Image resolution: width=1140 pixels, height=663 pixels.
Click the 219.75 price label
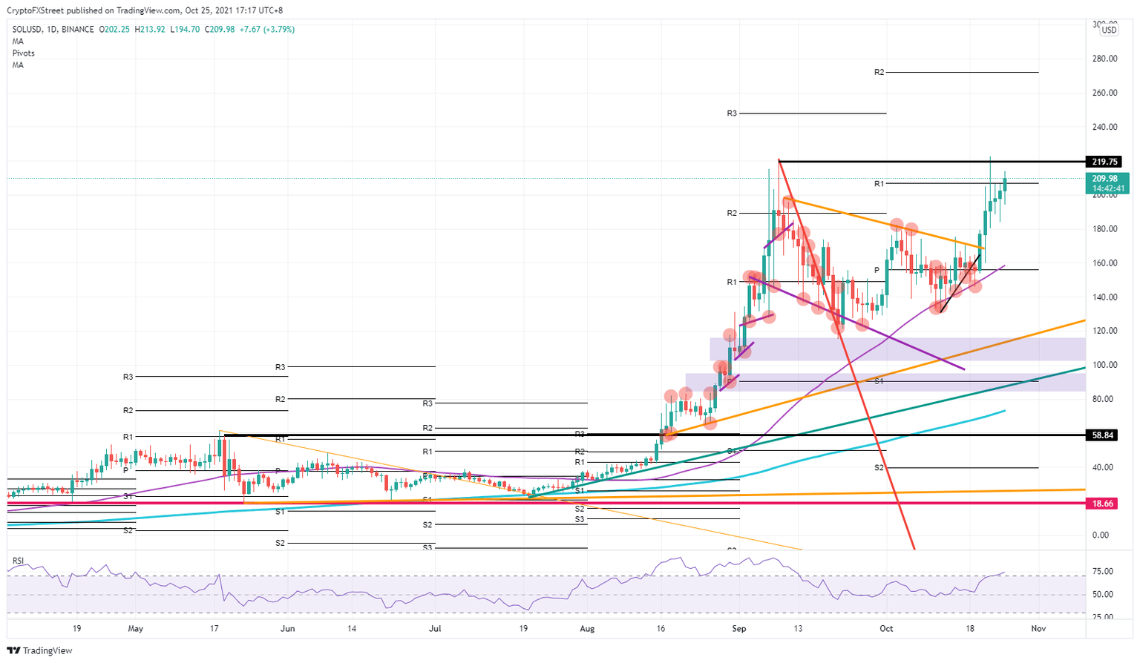pyautogui.click(x=1104, y=162)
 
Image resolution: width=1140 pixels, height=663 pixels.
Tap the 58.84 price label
pyautogui.click(x=1104, y=435)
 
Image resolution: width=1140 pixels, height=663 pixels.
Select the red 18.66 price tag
pyautogui.click(x=1104, y=504)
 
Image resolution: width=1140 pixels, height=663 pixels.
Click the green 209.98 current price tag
pyautogui.click(x=1105, y=179)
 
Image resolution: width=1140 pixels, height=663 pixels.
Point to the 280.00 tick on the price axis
pyautogui.click(x=1105, y=59)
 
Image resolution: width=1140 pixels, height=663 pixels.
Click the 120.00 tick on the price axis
pyautogui.click(x=1105, y=331)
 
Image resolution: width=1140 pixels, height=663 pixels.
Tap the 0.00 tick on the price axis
pyautogui.click(x=1101, y=535)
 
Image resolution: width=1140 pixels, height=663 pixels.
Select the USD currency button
pyautogui.click(x=1109, y=30)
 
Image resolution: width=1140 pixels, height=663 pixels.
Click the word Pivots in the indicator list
pyautogui.click(x=23, y=53)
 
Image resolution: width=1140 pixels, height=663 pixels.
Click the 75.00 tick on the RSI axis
pyautogui.click(x=1103, y=572)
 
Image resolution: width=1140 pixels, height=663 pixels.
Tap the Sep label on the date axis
pyautogui.click(x=738, y=629)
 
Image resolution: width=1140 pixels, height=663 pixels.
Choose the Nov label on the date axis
pyautogui.click(x=1038, y=629)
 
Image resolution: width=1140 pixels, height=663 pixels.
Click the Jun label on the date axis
pyautogui.click(x=287, y=629)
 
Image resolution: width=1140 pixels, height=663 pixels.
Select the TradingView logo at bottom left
pyautogui.click(x=41, y=650)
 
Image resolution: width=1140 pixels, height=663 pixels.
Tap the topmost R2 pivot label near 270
pyautogui.click(x=879, y=73)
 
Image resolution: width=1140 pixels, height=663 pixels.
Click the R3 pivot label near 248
pyautogui.click(x=732, y=113)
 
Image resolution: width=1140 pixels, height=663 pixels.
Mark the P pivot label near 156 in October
pyautogui.click(x=877, y=270)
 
